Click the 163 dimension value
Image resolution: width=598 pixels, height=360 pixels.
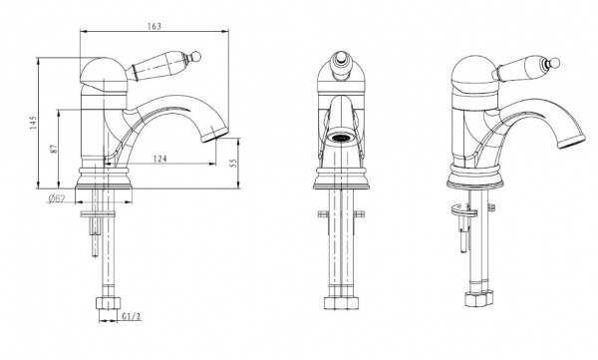154,26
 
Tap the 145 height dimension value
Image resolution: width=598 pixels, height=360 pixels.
33,123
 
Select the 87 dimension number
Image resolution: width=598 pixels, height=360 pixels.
54,149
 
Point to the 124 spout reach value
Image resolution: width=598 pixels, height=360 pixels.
159,158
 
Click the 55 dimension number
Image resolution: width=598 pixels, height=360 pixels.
234,163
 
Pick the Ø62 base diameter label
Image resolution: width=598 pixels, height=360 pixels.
57,198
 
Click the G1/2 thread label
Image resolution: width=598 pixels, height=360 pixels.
132,316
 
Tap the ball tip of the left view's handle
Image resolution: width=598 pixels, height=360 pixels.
195,56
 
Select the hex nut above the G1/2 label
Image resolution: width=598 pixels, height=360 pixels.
108,303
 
